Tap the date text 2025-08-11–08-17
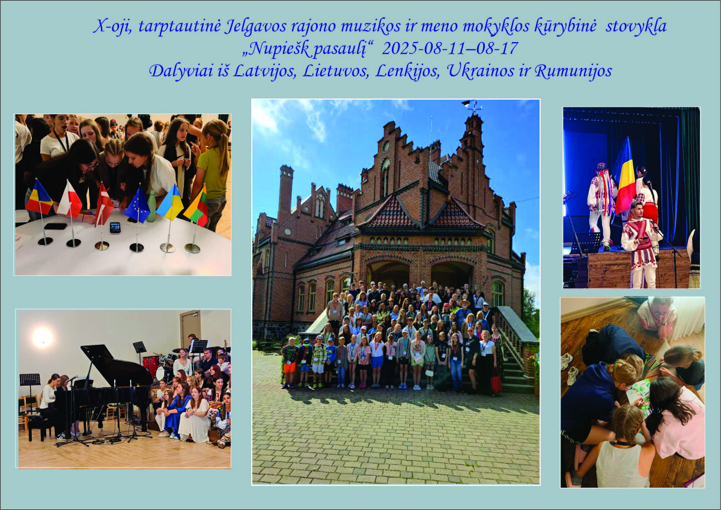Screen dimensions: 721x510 (x=449, y=48)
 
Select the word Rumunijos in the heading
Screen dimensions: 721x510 (x=573, y=71)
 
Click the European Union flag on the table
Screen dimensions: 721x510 (x=137, y=206)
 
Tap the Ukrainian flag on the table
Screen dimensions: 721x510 (x=169, y=202)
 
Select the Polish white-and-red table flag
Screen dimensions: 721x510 (x=70, y=200)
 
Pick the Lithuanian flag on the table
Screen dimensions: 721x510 (x=196, y=207)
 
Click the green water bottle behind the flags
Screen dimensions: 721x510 (x=151, y=206)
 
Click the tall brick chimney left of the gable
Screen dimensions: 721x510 (x=286, y=193)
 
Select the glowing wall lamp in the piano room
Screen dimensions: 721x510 (x=43, y=337)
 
